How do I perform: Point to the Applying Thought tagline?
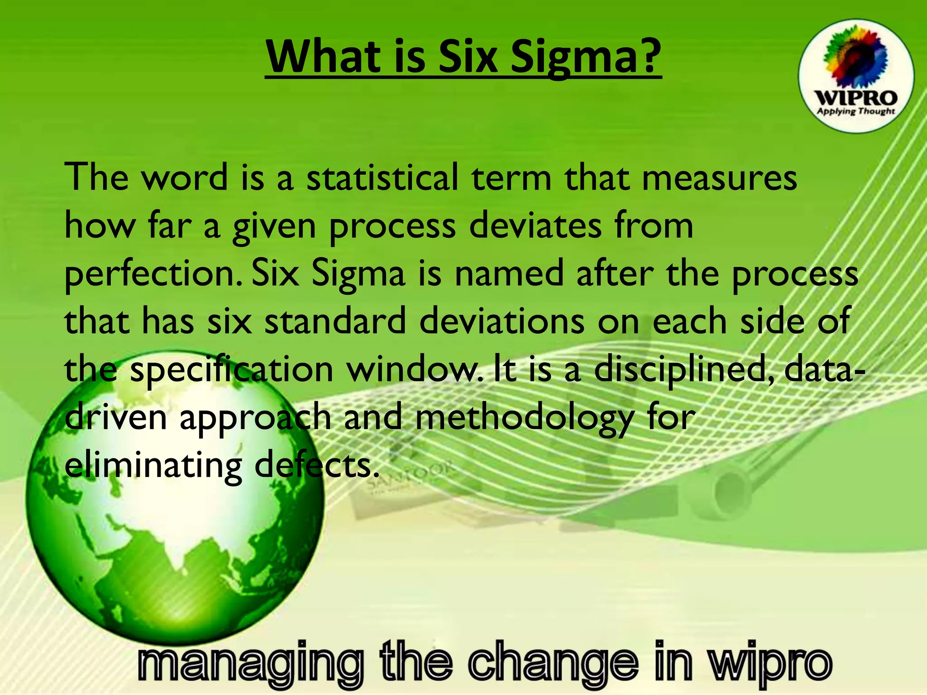855,111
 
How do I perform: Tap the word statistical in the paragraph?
382,177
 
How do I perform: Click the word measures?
719,178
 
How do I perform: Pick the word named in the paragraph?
509,273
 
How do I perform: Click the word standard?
335,321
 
